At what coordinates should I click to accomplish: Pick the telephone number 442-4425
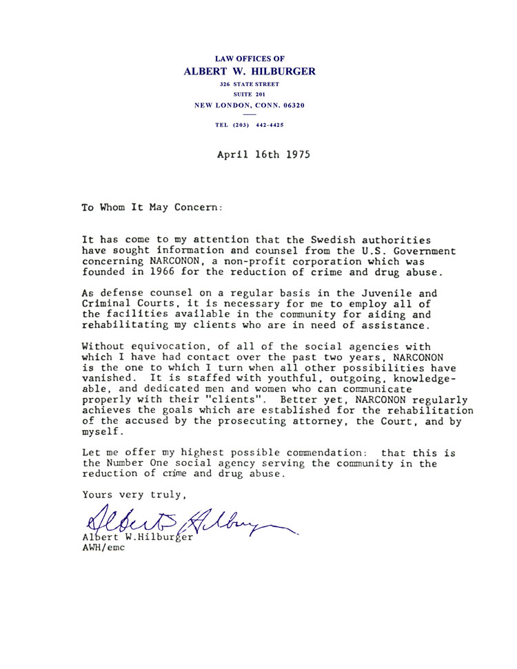[265, 125]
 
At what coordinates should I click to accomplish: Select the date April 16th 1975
[263, 155]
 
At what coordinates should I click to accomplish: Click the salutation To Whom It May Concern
[152, 206]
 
